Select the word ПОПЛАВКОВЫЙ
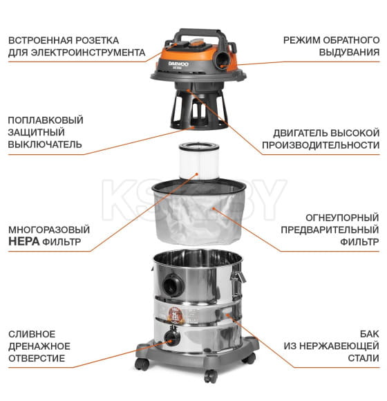click(x=46, y=120)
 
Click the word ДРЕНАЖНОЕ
click(x=39, y=346)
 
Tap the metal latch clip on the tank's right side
click(x=238, y=283)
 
